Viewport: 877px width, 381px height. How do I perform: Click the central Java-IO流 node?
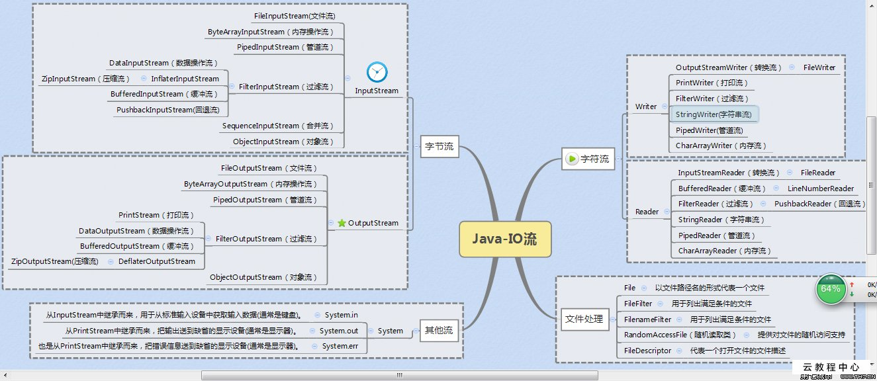505,239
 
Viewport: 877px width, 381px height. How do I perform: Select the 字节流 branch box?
439,146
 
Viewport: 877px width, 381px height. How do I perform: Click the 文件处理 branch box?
584,319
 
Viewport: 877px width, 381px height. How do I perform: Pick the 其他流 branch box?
439,330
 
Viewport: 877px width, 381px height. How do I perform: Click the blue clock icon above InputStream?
377,71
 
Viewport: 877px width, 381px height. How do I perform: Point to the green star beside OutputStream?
342,224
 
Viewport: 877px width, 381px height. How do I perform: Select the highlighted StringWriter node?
714,114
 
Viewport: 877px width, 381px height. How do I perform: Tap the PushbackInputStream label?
167,110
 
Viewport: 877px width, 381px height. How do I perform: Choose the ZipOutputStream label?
55,261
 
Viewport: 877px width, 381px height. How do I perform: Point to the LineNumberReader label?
821,189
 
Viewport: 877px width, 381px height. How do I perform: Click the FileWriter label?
819,67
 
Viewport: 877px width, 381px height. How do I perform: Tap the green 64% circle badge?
830,289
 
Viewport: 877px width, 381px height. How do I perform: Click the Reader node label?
647,212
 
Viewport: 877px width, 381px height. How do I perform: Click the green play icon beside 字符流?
572,159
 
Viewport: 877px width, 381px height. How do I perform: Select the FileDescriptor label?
647,351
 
